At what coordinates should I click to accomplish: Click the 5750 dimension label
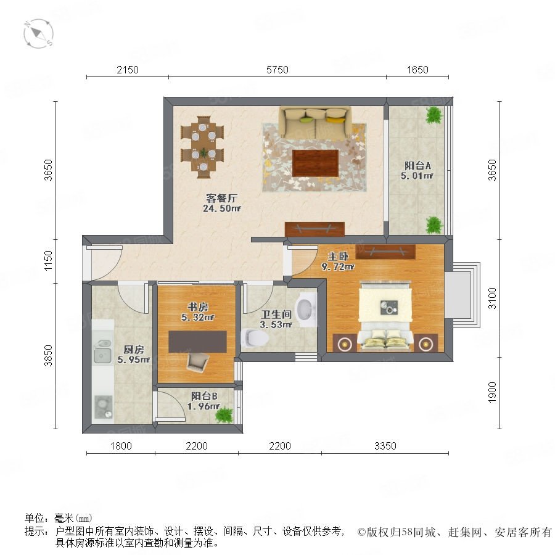(277, 70)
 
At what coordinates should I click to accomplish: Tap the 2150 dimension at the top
(128, 70)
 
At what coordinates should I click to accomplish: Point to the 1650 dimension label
(417, 70)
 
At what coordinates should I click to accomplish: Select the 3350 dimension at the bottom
(385, 446)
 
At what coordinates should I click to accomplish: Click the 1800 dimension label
(121, 446)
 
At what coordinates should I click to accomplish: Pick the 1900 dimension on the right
(492, 392)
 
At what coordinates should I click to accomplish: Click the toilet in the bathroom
(255, 338)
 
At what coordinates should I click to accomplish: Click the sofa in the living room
(315, 123)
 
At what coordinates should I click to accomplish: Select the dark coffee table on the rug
(315, 163)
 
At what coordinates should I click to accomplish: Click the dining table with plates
(203, 147)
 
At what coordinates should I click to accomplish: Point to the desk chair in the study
(197, 362)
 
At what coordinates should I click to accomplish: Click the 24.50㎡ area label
(221, 208)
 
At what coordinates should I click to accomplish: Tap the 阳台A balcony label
(417, 165)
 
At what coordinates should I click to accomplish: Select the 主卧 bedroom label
(338, 256)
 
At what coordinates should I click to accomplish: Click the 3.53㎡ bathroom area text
(276, 324)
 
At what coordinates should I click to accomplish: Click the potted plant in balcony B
(224, 414)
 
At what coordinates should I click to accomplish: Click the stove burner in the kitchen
(103, 407)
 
